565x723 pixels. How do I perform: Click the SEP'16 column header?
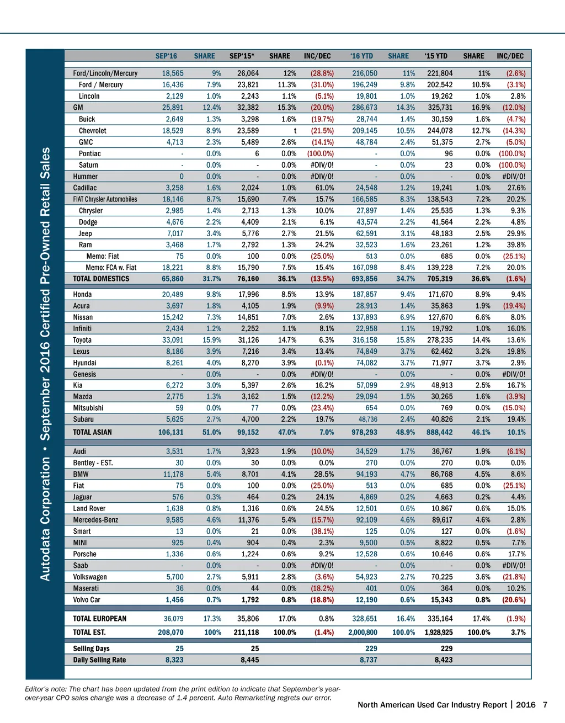(x=166, y=56)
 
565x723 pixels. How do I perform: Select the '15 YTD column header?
(x=436, y=56)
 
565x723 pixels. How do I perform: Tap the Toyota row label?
(x=82, y=340)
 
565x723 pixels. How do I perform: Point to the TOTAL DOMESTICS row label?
(x=101, y=279)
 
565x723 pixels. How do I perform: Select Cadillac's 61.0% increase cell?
(x=324, y=188)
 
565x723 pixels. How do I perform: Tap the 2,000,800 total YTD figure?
(x=363, y=632)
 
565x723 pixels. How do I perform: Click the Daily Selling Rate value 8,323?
(x=174, y=660)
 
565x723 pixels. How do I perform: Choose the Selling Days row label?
(x=91, y=648)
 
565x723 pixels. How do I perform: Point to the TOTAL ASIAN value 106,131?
(x=170, y=432)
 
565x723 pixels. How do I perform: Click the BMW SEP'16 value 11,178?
(x=173, y=474)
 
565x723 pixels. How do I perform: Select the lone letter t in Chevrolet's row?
(x=295, y=131)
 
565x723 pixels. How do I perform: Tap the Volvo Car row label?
(x=87, y=600)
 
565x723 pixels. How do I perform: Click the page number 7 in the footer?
(x=545, y=705)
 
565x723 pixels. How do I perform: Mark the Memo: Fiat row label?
(x=103, y=256)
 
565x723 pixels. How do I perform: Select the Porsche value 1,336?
(x=174, y=554)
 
